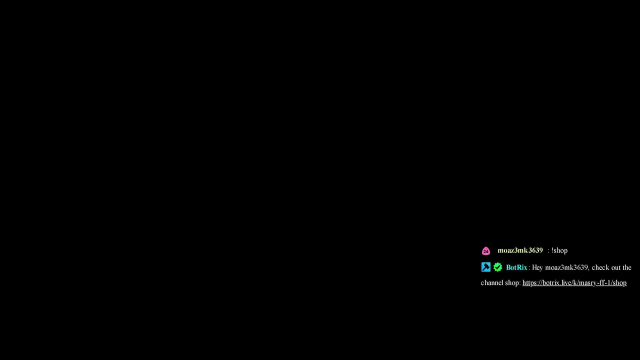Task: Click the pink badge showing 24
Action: pyautogui.click(x=485, y=251)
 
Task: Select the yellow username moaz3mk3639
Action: pyautogui.click(x=520, y=250)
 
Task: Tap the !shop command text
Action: pyautogui.click(x=559, y=251)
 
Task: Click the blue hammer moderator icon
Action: pyautogui.click(x=485, y=267)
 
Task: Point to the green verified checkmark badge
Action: pyautogui.click(x=497, y=267)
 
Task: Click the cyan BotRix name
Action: pyautogui.click(x=516, y=267)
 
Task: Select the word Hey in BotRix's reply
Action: pyautogui.click(x=537, y=267)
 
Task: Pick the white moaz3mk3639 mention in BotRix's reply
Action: pyautogui.click(x=567, y=267)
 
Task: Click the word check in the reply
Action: pyautogui.click(x=599, y=267)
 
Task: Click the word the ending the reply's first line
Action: pyautogui.click(x=627, y=267)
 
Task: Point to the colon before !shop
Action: pyautogui.click(x=548, y=251)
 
